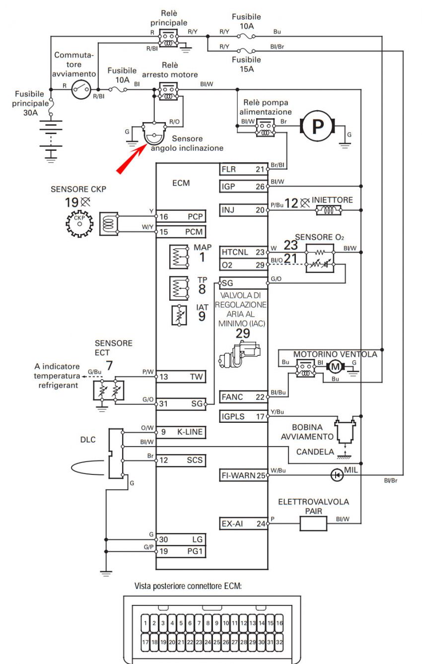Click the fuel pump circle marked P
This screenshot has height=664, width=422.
point(318,126)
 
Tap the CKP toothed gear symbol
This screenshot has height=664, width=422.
point(79,224)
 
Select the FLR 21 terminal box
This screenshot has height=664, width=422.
point(243,169)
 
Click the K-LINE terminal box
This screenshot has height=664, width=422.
point(181,432)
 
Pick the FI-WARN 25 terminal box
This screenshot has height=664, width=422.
point(243,475)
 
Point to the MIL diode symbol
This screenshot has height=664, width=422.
point(337,475)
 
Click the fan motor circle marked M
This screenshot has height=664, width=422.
point(335,367)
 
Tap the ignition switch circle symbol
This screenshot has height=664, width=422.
point(81,89)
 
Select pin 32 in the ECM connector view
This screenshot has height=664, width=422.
point(280,642)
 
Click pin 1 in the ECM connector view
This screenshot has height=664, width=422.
point(145,623)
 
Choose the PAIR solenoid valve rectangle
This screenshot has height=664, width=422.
point(313,524)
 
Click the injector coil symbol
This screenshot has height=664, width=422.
point(329,210)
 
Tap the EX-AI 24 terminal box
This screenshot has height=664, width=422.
point(243,524)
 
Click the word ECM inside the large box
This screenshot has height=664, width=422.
point(181,183)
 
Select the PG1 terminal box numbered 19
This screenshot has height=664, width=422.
point(181,551)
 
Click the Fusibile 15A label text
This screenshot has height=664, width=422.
point(246,65)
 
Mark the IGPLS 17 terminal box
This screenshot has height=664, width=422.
point(243,416)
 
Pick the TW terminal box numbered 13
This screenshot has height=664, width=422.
point(181,377)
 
